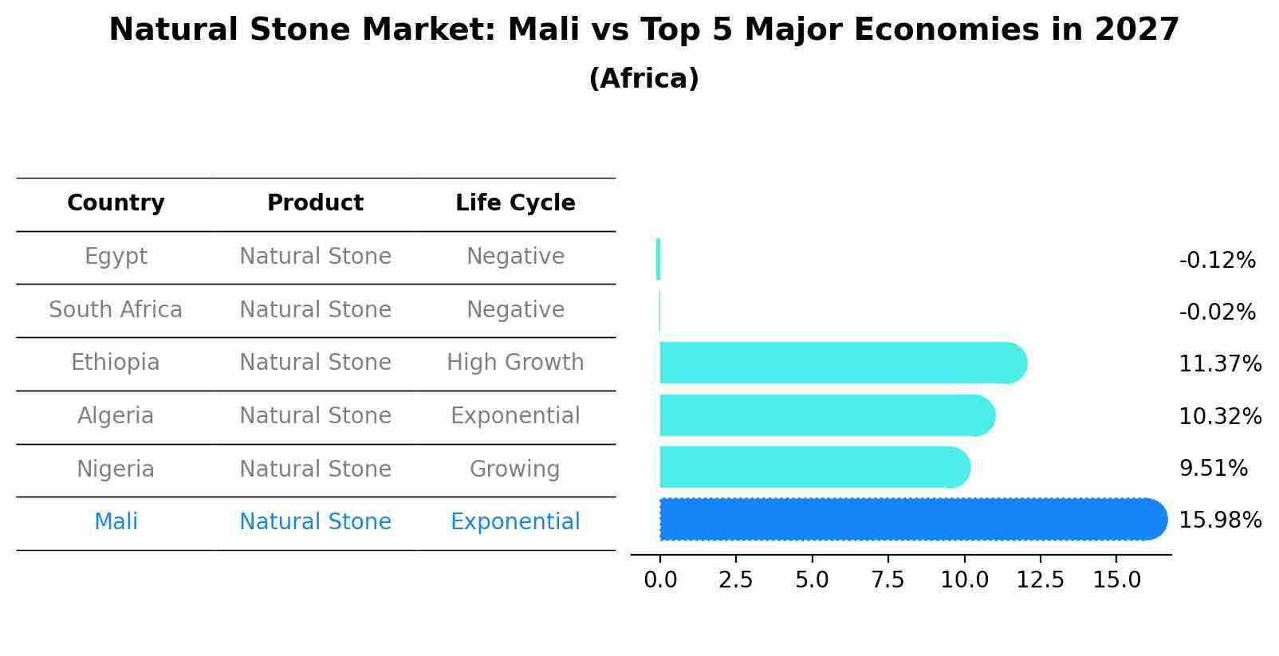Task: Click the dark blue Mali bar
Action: click(x=909, y=520)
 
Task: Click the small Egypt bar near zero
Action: click(x=658, y=259)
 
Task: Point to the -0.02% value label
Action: click(x=1217, y=312)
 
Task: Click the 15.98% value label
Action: click(x=1220, y=520)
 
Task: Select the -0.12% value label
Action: click(x=1217, y=261)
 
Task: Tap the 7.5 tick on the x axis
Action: click(x=888, y=580)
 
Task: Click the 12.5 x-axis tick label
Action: click(x=1041, y=580)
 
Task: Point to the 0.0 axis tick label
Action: click(x=660, y=580)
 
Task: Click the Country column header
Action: click(x=116, y=203)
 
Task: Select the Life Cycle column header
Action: click(x=515, y=203)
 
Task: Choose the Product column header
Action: click(x=315, y=203)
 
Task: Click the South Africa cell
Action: click(x=116, y=309)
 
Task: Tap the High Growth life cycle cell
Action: click(x=515, y=363)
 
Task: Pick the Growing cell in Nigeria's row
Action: click(x=514, y=469)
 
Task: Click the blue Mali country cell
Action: click(x=116, y=522)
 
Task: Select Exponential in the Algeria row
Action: click(x=515, y=416)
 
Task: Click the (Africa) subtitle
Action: click(x=643, y=79)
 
